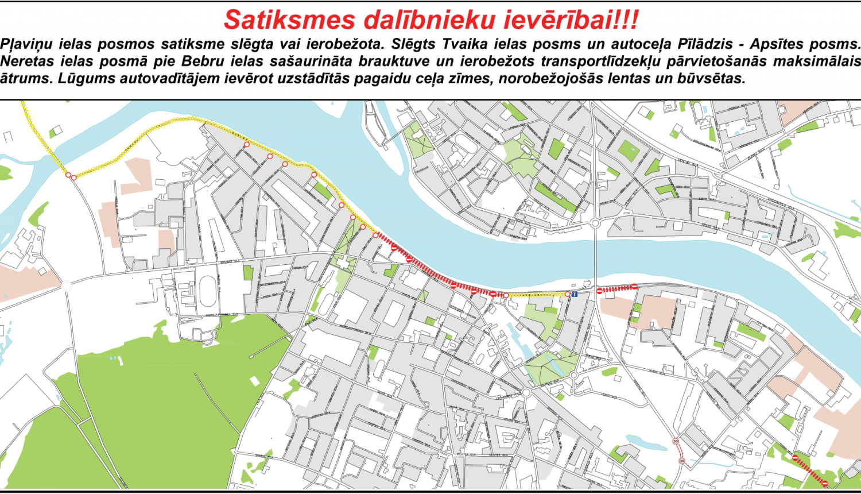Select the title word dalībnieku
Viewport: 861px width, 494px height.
(430, 20)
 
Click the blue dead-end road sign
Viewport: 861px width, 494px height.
(574, 295)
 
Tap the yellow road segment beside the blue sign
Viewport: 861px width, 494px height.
(537, 295)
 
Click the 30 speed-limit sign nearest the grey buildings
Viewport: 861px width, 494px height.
(676, 441)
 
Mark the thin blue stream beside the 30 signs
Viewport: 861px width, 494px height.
(703, 461)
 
